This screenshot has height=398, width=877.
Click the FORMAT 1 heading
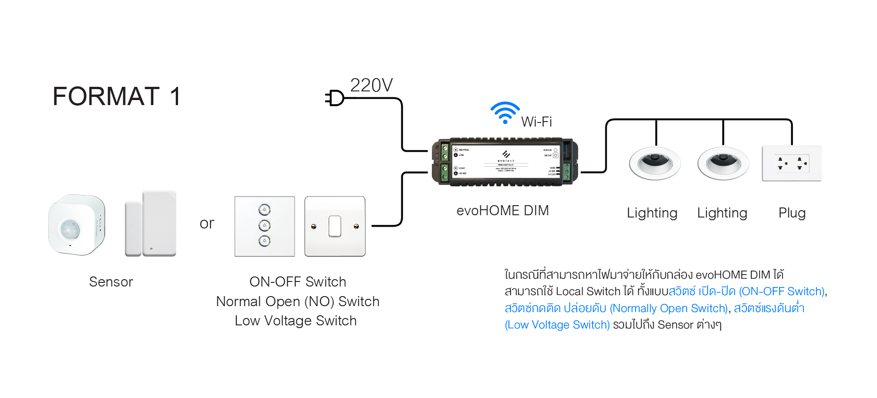[117, 96]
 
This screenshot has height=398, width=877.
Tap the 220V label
[371, 85]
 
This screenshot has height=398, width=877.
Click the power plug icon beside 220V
[335, 98]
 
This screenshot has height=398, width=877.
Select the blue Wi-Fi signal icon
[505, 112]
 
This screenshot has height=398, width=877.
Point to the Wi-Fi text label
[536, 122]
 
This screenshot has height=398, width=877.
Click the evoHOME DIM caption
[503, 211]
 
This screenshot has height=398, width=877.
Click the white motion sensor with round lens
[77, 225]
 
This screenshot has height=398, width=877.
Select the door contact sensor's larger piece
[159, 223]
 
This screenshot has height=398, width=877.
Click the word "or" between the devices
[207, 223]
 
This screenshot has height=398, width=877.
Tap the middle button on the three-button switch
[264, 225]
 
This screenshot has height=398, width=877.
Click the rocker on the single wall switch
[335, 226]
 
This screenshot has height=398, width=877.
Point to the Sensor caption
[111, 282]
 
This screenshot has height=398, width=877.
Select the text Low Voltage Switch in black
[295, 321]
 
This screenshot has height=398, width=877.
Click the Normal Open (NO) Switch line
[298, 302]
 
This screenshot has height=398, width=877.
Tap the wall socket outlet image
[792, 164]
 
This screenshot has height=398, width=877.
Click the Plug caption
[792, 213]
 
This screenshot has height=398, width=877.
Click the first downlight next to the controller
[655, 163]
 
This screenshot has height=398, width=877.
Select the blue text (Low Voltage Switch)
[557, 325]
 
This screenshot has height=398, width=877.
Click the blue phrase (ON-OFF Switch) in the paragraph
[782, 292]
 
